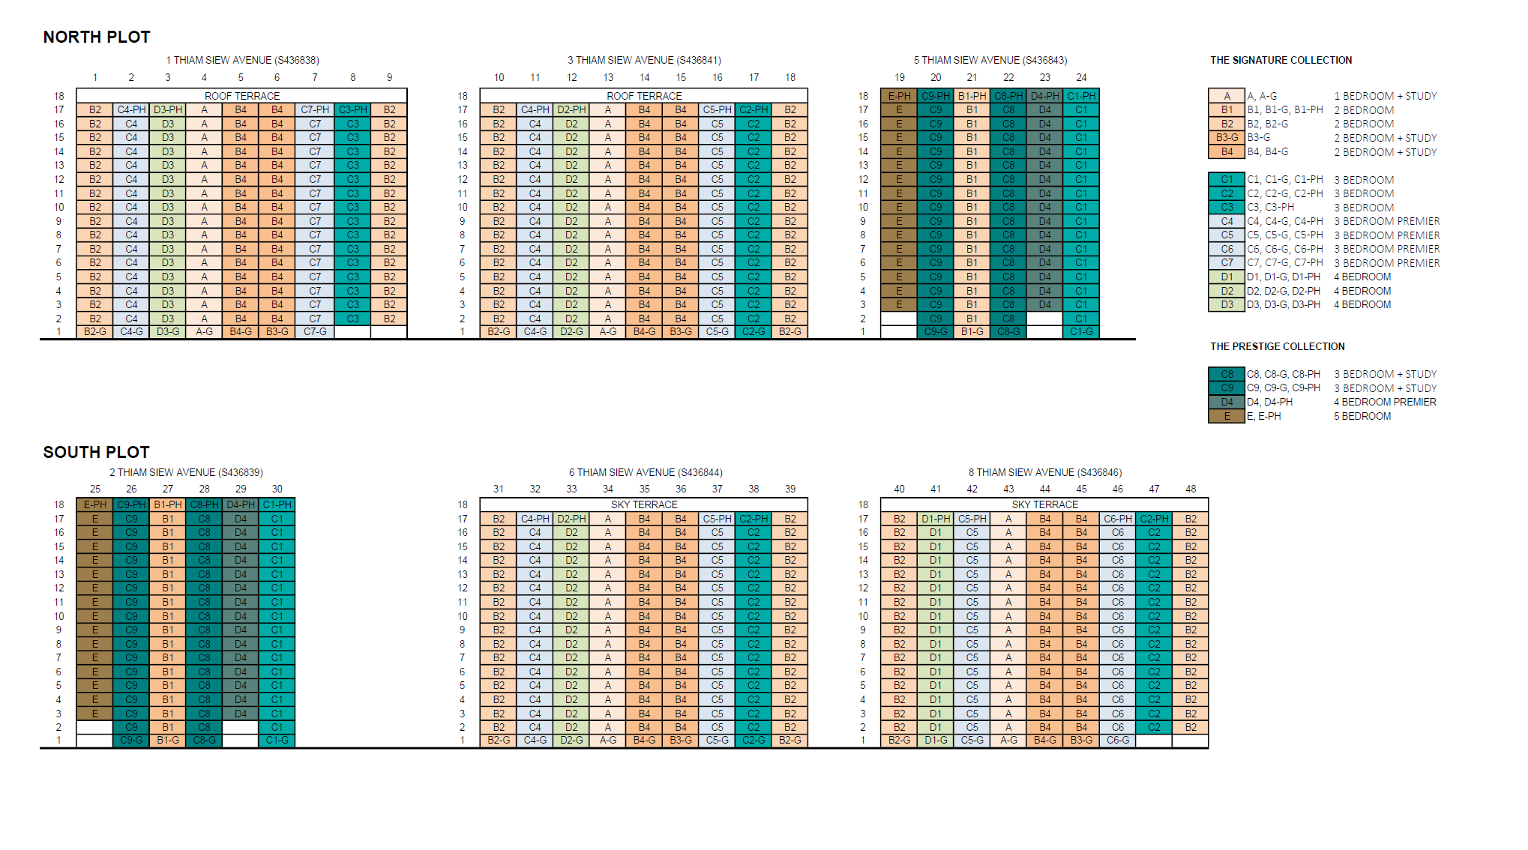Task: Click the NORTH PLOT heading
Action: tap(97, 37)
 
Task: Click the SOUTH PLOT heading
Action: tap(97, 453)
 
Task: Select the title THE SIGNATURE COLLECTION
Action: tap(1281, 61)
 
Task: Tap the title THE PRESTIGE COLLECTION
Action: tap(1277, 347)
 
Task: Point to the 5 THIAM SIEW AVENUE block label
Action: tap(990, 61)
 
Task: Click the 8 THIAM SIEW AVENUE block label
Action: tap(1044, 473)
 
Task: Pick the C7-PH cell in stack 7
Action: tap(315, 110)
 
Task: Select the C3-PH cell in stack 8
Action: tap(352, 110)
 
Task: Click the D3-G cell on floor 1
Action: tap(168, 332)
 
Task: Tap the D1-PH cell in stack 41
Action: tap(936, 519)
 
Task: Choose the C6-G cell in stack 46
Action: tap(1117, 741)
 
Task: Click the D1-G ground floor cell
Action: tap(936, 741)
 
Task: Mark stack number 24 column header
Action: tap(1081, 78)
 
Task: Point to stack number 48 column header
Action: tap(1191, 489)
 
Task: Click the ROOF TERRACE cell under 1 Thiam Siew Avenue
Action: tap(242, 97)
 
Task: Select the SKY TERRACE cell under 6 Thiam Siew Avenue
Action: tap(644, 505)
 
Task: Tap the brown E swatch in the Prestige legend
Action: tap(1227, 417)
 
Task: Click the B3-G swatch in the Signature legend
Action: tap(1227, 138)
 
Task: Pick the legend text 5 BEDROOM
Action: tap(1362, 417)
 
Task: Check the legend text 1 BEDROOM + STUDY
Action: tap(1385, 97)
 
